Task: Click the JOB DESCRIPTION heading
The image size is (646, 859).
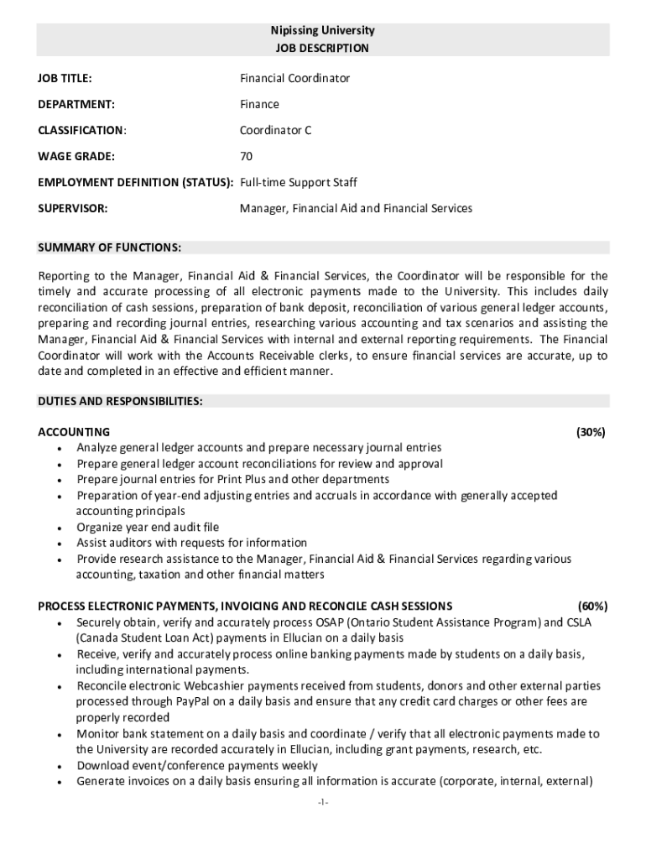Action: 322,49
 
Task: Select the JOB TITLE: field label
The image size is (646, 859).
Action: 65,79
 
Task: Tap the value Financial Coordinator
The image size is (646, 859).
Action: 294,79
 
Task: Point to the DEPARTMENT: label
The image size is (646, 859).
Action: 76,105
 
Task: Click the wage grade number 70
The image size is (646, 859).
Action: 246,157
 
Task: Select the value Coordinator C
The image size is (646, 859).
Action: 275,131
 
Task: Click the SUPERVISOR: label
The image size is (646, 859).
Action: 73,209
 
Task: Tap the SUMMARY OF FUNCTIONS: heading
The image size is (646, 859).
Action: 110,248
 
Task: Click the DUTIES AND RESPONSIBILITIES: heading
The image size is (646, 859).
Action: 120,402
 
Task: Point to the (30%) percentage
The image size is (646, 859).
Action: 591,433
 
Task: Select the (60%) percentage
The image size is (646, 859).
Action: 592,607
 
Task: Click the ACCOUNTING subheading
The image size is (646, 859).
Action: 74,433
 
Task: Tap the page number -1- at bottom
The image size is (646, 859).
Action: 323,803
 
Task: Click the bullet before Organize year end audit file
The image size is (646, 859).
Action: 58,528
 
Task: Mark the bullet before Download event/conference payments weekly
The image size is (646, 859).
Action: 58,766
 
